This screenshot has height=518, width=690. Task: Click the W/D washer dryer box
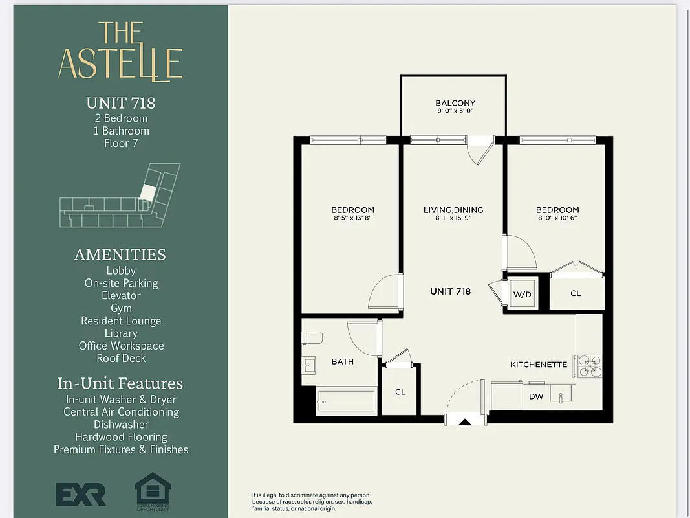click(x=522, y=294)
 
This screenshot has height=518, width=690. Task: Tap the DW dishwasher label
click(x=536, y=396)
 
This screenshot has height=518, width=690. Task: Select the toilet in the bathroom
click(x=312, y=338)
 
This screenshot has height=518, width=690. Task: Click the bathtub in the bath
click(x=345, y=401)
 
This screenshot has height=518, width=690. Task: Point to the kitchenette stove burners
click(x=589, y=366)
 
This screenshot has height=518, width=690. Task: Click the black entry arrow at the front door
click(x=465, y=423)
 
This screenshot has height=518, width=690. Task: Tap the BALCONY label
click(x=455, y=103)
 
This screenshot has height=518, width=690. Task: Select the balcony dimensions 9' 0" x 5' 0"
click(x=455, y=111)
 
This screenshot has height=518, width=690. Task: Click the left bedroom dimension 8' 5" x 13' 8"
click(x=352, y=218)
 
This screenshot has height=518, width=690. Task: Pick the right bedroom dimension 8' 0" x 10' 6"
click(x=557, y=218)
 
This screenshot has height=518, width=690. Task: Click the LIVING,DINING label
click(x=453, y=210)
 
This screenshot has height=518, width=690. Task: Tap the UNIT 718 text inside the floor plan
click(x=450, y=291)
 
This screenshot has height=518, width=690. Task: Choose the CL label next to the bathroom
click(x=400, y=392)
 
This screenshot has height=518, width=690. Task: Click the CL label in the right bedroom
click(x=576, y=293)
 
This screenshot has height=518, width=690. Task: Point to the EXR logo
click(x=81, y=495)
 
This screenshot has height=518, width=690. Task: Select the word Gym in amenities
click(x=121, y=308)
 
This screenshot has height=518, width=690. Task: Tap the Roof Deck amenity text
click(x=121, y=358)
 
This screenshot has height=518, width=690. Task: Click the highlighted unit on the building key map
click(x=149, y=192)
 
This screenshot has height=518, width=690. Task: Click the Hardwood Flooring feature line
click(x=121, y=437)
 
